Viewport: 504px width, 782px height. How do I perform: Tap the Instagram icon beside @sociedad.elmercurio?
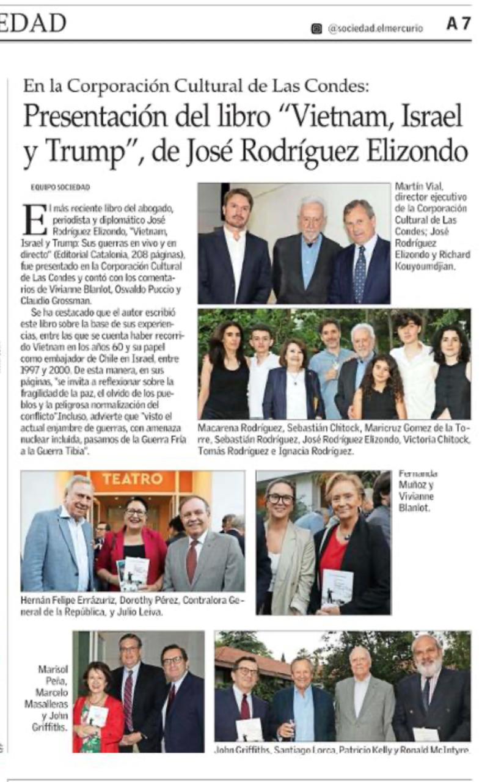pyautogui.click(x=316, y=28)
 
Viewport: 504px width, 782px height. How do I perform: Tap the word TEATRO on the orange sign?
pyautogui.click(x=132, y=479)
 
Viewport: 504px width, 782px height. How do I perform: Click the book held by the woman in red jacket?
pyautogui.click(x=134, y=574)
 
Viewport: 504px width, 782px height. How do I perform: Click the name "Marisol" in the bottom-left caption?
pyautogui.click(x=51, y=669)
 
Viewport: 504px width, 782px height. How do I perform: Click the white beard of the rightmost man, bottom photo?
pyautogui.click(x=429, y=667)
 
